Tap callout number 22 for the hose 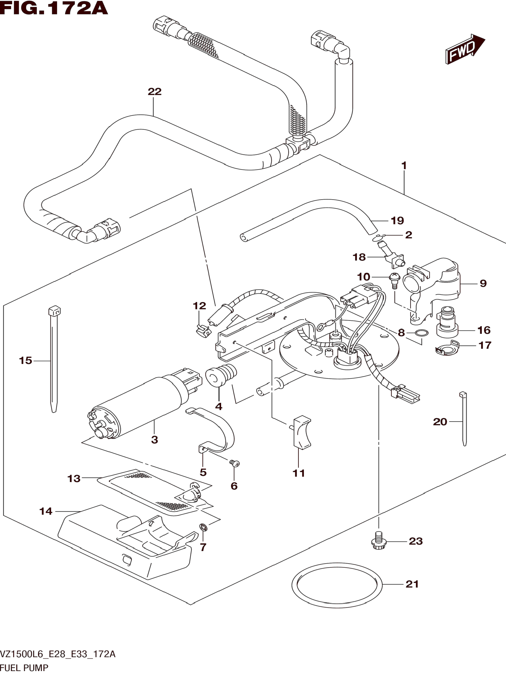coord(154,91)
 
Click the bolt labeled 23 coord(379,541)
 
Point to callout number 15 coord(25,361)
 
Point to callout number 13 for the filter coord(74,479)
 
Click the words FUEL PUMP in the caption coord(24,667)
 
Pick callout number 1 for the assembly coord(404,166)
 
